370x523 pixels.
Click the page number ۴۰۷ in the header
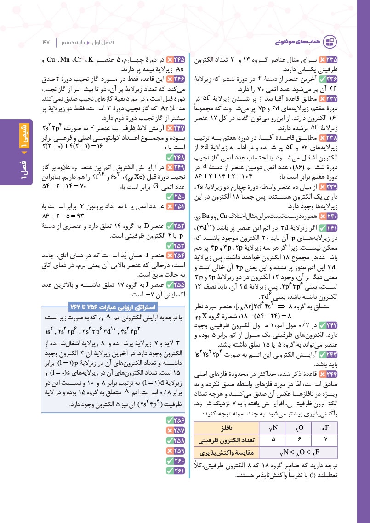pos(45,42)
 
